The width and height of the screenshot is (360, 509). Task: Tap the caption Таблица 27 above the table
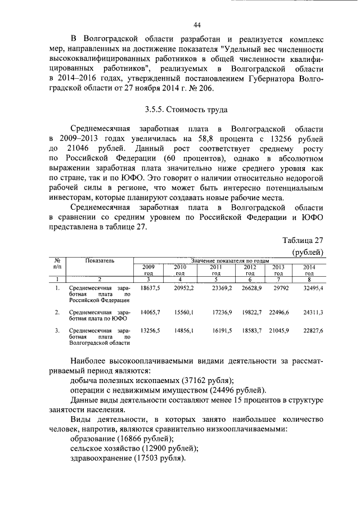pyautogui.click(x=302, y=240)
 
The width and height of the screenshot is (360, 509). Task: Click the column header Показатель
pyautogui.click(x=100, y=260)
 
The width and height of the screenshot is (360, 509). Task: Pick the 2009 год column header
pyautogui.click(x=148, y=269)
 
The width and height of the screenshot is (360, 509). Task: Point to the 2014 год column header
pyautogui.click(x=309, y=269)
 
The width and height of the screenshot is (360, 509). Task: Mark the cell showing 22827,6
pyautogui.click(x=313, y=331)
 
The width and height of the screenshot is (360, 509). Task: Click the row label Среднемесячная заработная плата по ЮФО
pyautogui.click(x=100, y=314)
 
